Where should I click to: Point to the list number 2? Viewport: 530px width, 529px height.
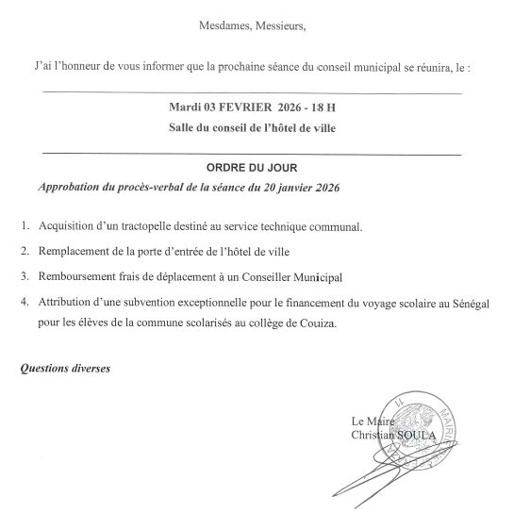pyautogui.click(x=24, y=253)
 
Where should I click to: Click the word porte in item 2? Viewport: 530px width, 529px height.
pyautogui.click(x=159, y=253)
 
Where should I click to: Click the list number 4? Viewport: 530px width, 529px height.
pyautogui.click(x=24, y=302)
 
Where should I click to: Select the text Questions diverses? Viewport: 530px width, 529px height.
pyautogui.click(x=66, y=368)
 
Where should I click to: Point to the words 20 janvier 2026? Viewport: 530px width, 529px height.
pyautogui.click(x=292, y=188)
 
